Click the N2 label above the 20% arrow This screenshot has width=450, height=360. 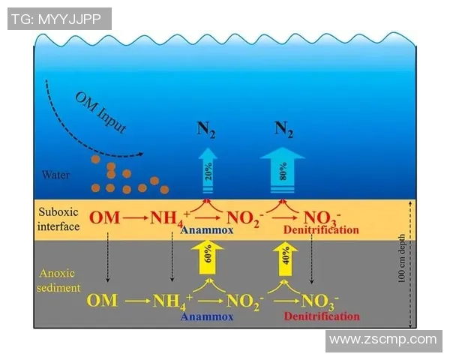click(204, 129)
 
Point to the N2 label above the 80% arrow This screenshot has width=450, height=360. click(283, 129)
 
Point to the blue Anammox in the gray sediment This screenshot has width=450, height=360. click(207, 316)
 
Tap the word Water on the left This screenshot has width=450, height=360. click(57, 175)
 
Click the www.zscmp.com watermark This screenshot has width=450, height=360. click(382, 340)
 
